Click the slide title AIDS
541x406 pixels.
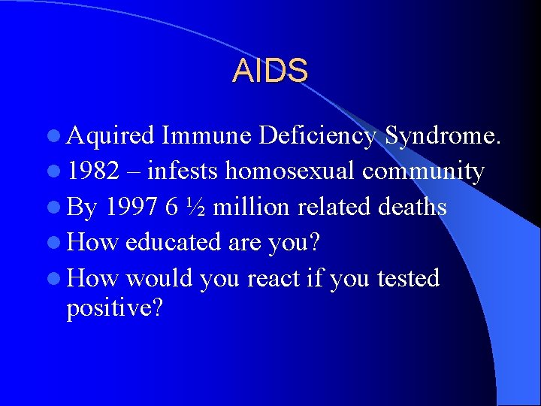tap(270, 71)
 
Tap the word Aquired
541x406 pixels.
tap(110, 136)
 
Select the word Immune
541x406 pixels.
tap(206, 135)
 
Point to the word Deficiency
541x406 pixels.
tap(317, 135)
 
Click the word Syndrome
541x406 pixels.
tap(442, 135)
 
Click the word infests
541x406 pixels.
tap(183, 171)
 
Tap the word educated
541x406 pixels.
tap(171, 243)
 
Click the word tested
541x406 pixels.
tap(408, 279)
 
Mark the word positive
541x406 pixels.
tap(114, 309)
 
